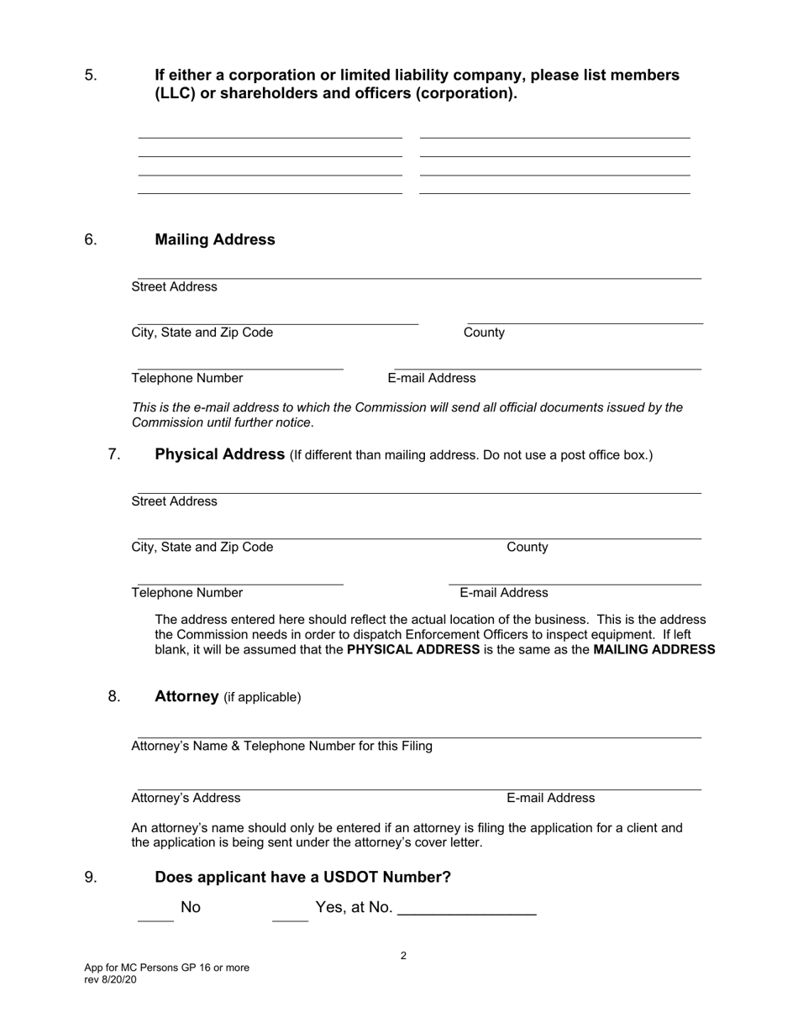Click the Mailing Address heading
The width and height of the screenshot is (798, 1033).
click(x=215, y=240)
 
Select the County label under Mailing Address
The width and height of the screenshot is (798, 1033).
click(x=484, y=333)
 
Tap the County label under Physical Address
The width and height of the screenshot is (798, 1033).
click(x=528, y=548)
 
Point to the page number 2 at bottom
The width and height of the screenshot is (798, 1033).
click(x=404, y=956)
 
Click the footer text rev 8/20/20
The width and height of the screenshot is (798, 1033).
click(x=110, y=980)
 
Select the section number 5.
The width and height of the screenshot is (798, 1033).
click(x=91, y=76)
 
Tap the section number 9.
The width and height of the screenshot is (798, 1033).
click(x=91, y=878)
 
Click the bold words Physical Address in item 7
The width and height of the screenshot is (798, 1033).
click(x=220, y=454)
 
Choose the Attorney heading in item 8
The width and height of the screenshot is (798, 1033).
click(x=186, y=696)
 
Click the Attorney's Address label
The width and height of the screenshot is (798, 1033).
click(x=186, y=798)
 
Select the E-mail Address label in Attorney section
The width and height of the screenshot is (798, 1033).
click(x=550, y=798)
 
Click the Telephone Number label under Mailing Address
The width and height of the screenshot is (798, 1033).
click(x=187, y=378)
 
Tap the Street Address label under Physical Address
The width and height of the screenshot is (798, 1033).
click(x=174, y=501)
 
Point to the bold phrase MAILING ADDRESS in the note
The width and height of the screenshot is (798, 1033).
click(x=654, y=650)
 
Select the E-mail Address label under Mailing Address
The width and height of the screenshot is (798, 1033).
click(x=432, y=378)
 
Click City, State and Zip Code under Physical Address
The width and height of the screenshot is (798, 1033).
click(x=202, y=548)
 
